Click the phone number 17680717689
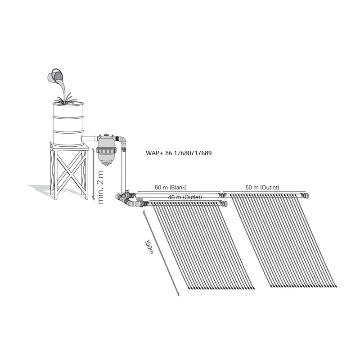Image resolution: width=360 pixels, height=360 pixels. (189, 153)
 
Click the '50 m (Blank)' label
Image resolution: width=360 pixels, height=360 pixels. (171, 187)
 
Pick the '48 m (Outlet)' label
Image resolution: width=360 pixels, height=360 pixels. (184, 198)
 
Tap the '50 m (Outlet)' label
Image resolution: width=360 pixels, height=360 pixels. (264, 187)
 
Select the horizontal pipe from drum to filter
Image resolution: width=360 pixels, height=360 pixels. (90, 137)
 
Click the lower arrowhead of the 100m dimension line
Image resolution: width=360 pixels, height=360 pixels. (178, 295)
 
